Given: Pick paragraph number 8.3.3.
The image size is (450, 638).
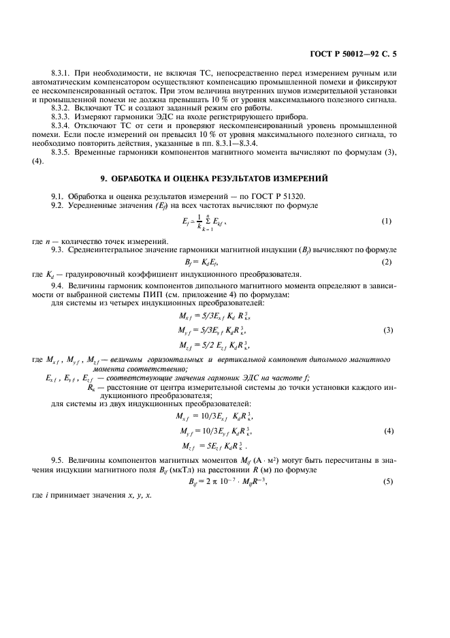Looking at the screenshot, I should click(x=62, y=117).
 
